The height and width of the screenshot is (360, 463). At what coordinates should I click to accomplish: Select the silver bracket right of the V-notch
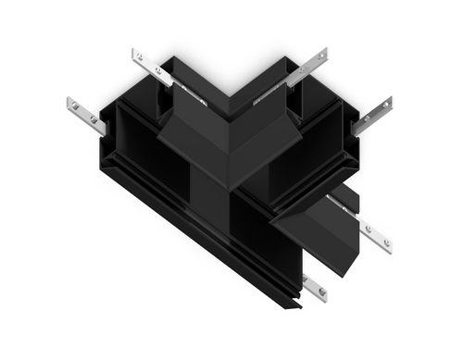tap(306, 67)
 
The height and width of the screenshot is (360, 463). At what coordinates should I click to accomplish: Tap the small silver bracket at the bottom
tap(314, 287)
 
